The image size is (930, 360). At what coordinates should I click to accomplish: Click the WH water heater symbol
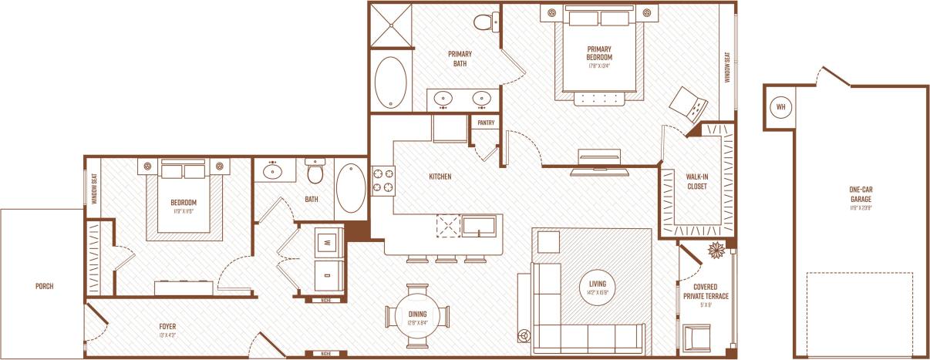point(780,106)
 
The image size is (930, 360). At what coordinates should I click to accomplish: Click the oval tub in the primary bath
point(392,82)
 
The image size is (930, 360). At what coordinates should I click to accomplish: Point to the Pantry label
point(486,123)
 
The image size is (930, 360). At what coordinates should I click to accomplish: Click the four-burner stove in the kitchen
point(383,180)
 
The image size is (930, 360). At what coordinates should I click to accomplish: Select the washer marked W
point(329,241)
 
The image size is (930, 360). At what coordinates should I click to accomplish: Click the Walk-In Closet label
point(697,181)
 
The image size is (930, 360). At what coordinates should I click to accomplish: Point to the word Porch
point(44,286)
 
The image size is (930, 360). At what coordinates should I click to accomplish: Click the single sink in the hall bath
point(275,170)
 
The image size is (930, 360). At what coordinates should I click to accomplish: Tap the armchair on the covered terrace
point(697,336)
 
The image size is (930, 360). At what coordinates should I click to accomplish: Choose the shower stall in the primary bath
point(393,25)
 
